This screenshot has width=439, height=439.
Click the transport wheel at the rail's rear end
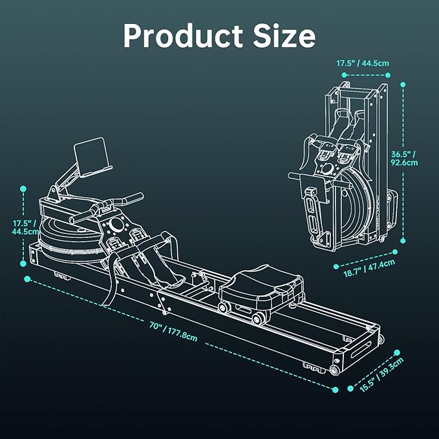click(x=334, y=370)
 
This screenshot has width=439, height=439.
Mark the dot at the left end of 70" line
click(x=27, y=279)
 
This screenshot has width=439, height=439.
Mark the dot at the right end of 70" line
click(x=336, y=390)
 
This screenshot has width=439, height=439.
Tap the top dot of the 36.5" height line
click(x=402, y=84)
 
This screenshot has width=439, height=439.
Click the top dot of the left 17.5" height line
click(x=24, y=189)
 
